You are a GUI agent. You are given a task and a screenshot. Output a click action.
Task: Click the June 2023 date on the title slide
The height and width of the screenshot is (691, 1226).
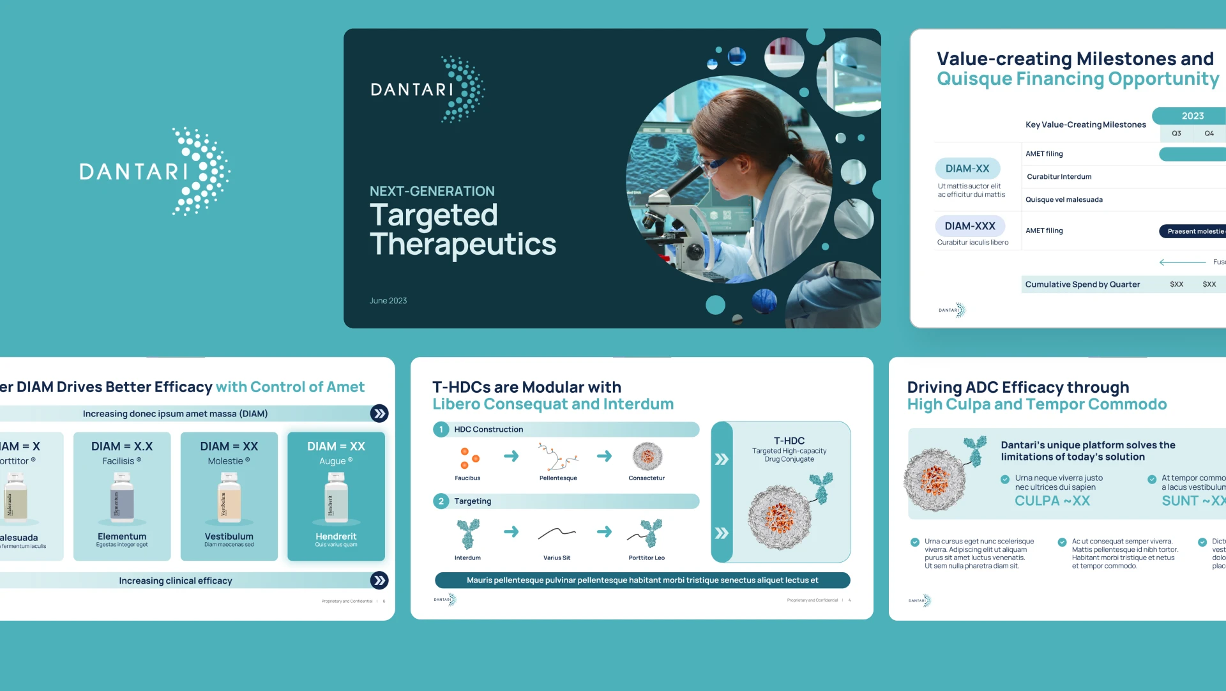pyautogui.click(x=388, y=301)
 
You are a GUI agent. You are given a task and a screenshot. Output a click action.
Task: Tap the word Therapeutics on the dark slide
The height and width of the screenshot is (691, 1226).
pyautogui.click(x=463, y=245)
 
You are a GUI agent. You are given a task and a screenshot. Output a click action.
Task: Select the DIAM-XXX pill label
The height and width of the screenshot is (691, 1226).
pyautogui.click(x=969, y=226)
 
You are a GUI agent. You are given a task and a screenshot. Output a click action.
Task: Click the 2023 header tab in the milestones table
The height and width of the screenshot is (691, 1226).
pyautogui.click(x=1192, y=116)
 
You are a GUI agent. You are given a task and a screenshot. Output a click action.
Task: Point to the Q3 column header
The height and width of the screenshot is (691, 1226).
pyautogui.click(x=1176, y=133)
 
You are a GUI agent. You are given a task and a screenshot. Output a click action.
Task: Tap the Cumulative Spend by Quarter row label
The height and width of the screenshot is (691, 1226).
pyautogui.click(x=1082, y=284)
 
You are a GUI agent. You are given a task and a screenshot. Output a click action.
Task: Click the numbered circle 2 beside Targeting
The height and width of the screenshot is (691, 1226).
pyautogui.click(x=441, y=501)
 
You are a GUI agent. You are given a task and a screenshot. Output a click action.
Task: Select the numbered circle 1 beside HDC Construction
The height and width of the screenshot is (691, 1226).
pyautogui.click(x=441, y=429)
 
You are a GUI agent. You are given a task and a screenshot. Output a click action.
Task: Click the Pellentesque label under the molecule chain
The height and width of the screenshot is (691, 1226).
pyautogui.click(x=557, y=478)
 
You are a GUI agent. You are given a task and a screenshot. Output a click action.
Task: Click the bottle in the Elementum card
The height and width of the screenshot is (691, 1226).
pyautogui.click(x=122, y=498)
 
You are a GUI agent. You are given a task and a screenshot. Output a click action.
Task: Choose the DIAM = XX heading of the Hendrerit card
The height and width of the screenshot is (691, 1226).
pyautogui.click(x=336, y=446)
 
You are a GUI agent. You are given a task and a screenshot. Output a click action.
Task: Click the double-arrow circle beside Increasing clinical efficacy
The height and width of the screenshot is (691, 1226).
pyautogui.click(x=379, y=581)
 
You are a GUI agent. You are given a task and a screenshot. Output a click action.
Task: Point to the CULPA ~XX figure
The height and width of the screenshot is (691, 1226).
pyautogui.click(x=1052, y=501)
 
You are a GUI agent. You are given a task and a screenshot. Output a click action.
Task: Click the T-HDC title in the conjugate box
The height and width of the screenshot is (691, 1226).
pyautogui.click(x=789, y=441)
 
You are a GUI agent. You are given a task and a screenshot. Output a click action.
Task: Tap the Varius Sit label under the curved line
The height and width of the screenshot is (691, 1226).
pyautogui.click(x=556, y=558)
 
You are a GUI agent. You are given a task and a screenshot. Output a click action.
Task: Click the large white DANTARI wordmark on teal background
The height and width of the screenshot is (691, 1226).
pyautogui.click(x=134, y=171)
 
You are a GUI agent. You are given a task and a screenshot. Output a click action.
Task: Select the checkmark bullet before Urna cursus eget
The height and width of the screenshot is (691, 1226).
pyautogui.click(x=914, y=542)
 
